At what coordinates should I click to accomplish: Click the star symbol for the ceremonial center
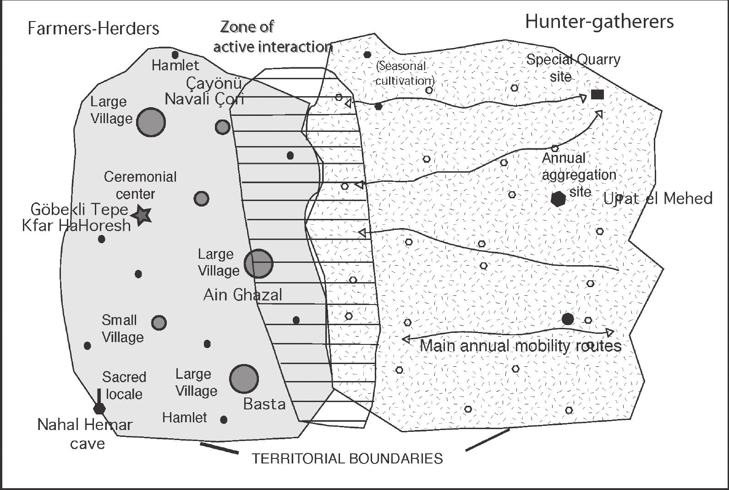pyautogui.click(x=142, y=214)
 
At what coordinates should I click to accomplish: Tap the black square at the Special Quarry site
pyautogui.click(x=597, y=95)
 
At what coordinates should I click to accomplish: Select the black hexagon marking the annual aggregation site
pyautogui.click(x=558, y=199)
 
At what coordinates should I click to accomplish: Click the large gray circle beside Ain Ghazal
pyautogui.click(x=258, y=264)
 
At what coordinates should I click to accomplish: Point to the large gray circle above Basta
pyautogui.click(x=244, y=379)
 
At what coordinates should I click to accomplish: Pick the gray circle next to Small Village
pyautogui.click(x=159, y=323)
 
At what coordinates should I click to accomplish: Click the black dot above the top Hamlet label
pyautogui.click(x=175, y=55)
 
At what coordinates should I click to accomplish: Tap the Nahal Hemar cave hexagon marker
pyautogui.click(x=99, y=408)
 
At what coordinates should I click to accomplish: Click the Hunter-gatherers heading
pyautogui.click(x=599, y=22)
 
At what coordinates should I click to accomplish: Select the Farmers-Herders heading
pyautogui.click(x=93, y=28)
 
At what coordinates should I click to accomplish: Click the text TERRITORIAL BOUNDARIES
pyautogui.click(x=347, y=458)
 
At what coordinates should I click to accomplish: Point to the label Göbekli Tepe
pyautogui.click(x=79, y=209)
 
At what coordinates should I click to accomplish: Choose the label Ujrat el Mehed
pyautogui.click(x=658, y=198)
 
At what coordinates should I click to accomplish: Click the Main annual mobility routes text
pyautogui.click(x=520, y=346)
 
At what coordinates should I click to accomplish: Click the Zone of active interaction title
pyautogui.click(x=272, y=37)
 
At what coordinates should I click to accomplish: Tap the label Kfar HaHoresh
pyautogui.click(x=77, y=225)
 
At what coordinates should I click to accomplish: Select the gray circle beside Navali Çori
pyautogui.click(x=222, y=127)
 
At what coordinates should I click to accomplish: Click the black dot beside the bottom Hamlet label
pyautogui.click(x=224, y=419)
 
